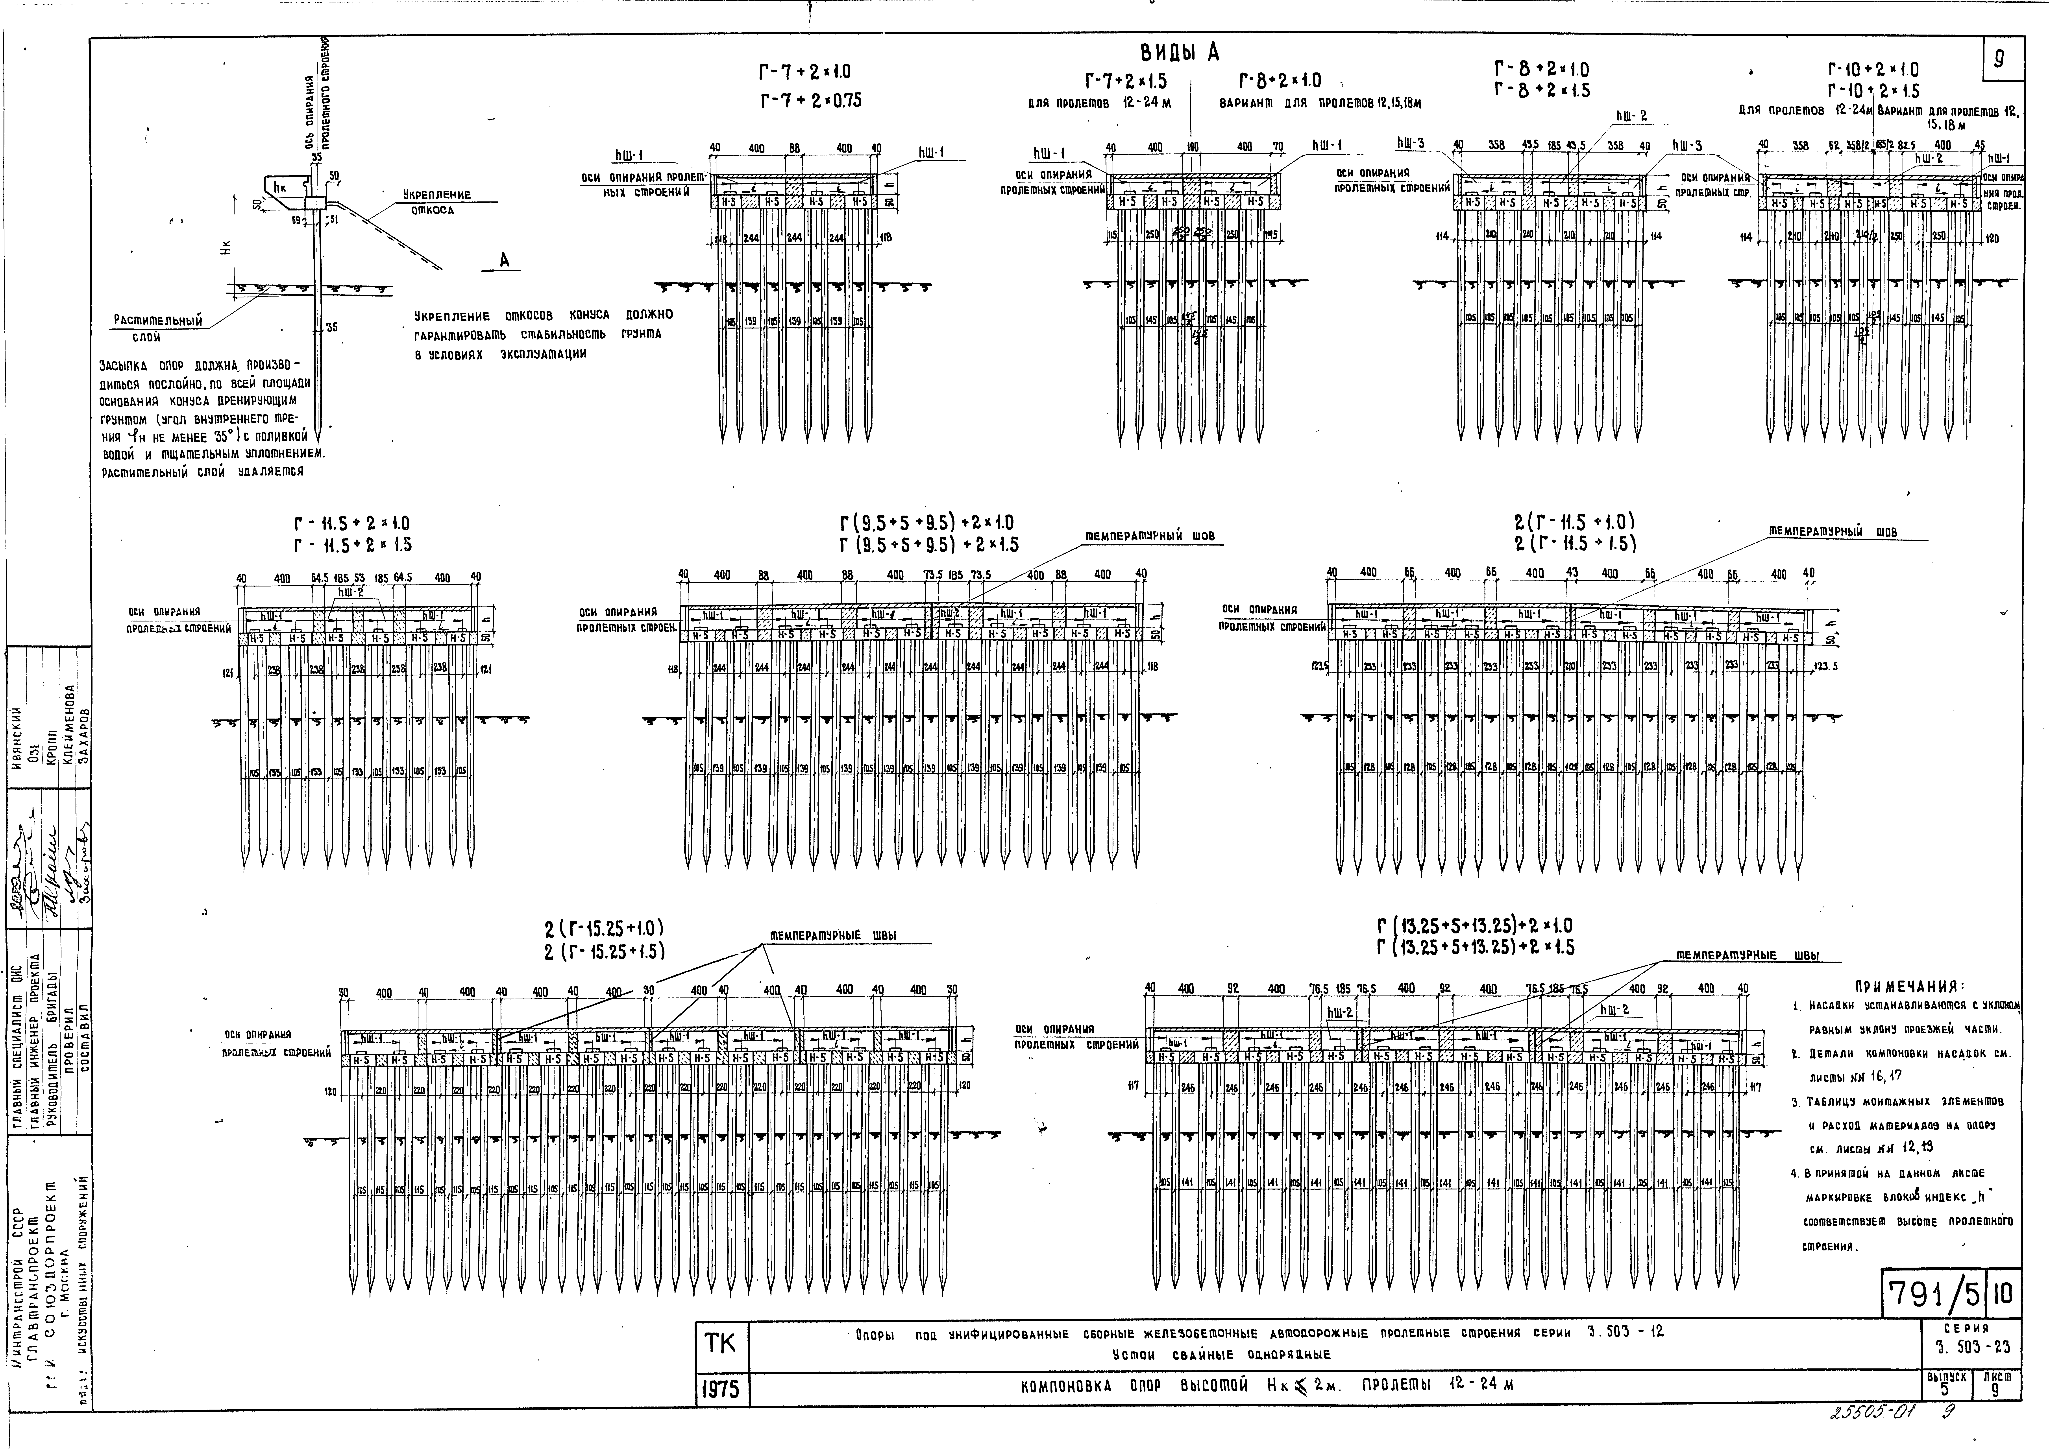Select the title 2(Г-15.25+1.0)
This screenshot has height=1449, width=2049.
pyautogui.click(x=605, y=928)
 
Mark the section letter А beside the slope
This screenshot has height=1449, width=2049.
pyautogui.click(x=504, y=260)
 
